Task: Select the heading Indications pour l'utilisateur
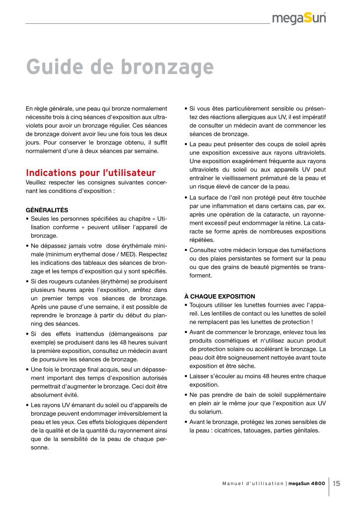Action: (x=90, y=173)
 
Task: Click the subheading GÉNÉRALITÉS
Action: (x=47, y=210)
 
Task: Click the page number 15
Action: (x=337, y=483)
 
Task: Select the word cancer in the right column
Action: (x=265, y=186)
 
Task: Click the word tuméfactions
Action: (x=306, y=251)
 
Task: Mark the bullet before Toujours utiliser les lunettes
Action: (x=185, y=305)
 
